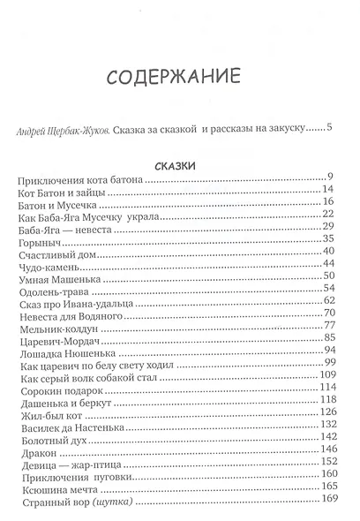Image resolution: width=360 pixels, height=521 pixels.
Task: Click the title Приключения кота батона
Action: (x=79, y=179)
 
